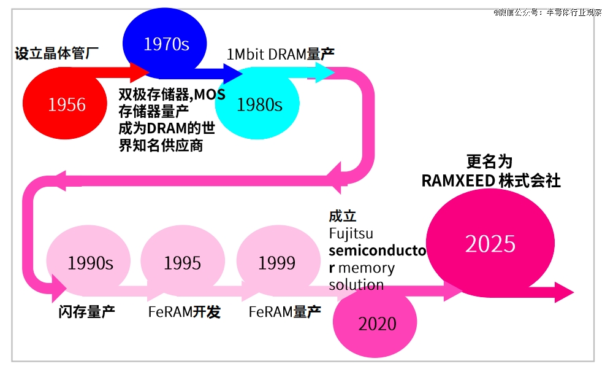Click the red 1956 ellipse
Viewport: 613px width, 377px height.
click(x=66, y=104)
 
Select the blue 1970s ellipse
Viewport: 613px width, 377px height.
click(x=166, y=44)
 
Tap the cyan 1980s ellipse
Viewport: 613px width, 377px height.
click(x=259, y=104)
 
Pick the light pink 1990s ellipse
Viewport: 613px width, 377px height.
click(x=89, y=263)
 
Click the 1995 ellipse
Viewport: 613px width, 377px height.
click(x=182, y=263)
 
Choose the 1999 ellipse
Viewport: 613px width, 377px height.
click(x=276, y=263)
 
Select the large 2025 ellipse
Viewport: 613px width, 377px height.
click(x=490, y=244)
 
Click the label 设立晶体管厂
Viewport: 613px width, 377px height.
click(x=57, y=53)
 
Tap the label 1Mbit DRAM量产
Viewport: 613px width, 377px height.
click(x=280, y=54)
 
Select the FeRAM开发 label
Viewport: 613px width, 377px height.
click(x=184, y=312)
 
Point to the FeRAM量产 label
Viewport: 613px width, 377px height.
click(x=284, y=312)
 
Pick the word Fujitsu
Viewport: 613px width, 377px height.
click(x=351, y=234)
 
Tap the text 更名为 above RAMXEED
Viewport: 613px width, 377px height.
click(x=489, y=161)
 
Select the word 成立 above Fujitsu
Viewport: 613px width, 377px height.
click(x=343, y=217)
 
